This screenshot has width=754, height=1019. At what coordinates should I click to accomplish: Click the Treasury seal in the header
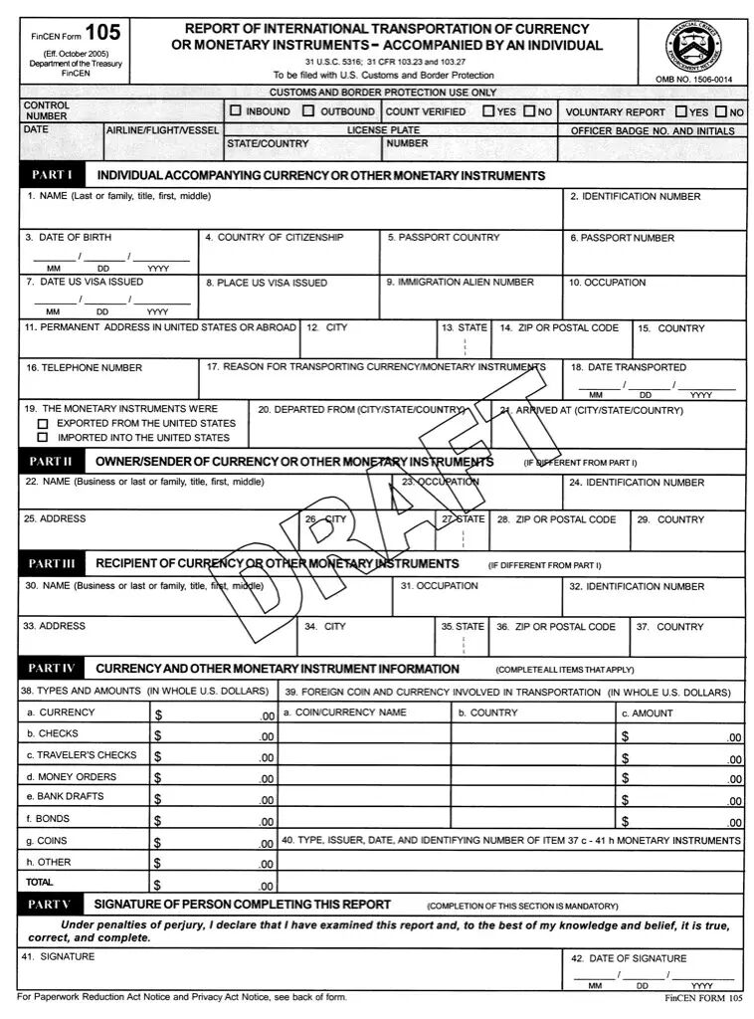coord(694,45)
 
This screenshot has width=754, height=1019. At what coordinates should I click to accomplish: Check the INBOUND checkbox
coord(236,111)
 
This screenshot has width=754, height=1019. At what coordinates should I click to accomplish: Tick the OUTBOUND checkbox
coord(308,111)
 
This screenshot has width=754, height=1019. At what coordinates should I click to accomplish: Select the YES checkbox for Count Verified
coord(488,111)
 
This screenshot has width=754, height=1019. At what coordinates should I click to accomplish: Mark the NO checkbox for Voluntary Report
coord(720,112)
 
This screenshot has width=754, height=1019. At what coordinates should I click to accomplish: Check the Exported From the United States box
coord(43,423)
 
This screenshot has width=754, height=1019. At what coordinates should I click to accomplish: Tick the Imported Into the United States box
coord(43,437)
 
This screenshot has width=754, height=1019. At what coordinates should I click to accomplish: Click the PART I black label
coord(51,175)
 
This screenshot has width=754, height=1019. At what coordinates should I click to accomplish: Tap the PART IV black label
coord(51,669)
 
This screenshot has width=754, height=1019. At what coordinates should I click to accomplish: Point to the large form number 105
coord(102,34)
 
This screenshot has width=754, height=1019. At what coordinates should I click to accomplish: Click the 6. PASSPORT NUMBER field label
coord(622,238)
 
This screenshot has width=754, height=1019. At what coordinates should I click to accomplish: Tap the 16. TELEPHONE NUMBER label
coord(84,368)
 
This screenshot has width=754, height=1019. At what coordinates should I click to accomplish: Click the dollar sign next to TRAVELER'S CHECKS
coord(158,756)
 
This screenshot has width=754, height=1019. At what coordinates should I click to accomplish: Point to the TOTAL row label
coord(40,883)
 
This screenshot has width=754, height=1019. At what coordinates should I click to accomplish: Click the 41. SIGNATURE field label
coord(59,956)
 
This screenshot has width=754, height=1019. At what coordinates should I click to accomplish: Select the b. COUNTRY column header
coord(487,713)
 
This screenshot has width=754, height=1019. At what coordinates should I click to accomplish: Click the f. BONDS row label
coord(48,819)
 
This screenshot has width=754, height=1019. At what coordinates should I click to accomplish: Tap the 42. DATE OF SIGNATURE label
coord(628,958)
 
